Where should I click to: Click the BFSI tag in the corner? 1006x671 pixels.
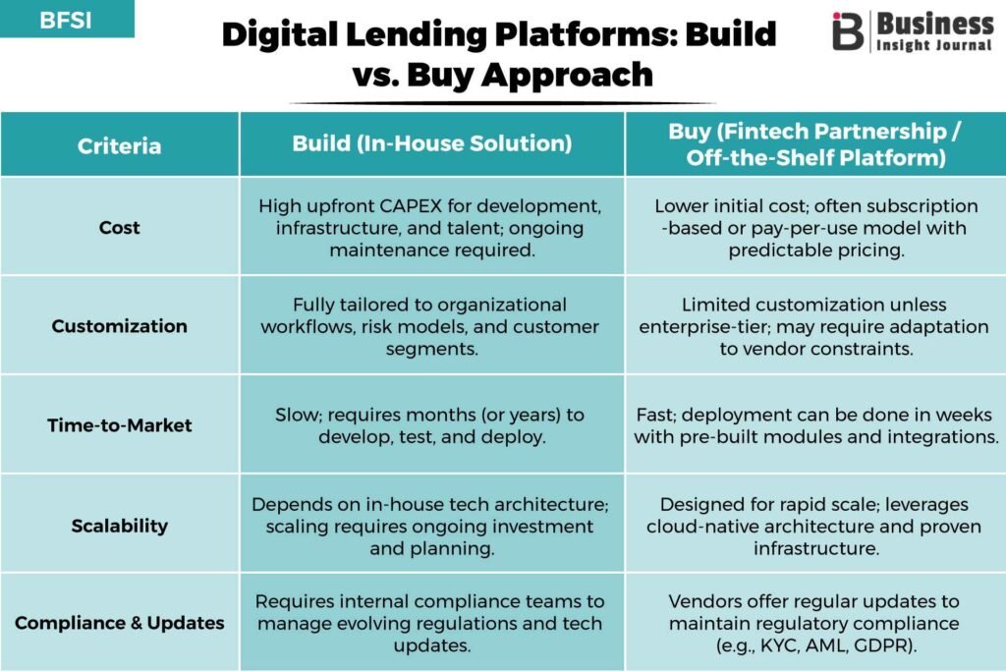click(66, 20)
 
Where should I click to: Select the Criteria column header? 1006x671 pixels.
click(119, 145)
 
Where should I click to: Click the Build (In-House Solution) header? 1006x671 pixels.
click(432, 143)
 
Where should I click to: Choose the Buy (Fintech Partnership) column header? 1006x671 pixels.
click(815, 143)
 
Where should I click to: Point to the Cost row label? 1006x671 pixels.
click(119, 228)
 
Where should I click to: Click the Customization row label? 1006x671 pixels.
click(119, 326)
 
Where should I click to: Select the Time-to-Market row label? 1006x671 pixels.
click(119, 425)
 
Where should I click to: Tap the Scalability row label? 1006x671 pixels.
click(119, 526)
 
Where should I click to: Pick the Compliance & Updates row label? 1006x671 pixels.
click(119, 623)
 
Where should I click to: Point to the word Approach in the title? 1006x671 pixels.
click(567, 75)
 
